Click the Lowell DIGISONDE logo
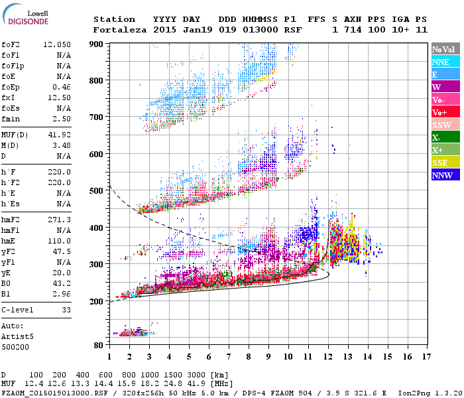[x=26, y=17]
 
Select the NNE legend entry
[x=445, y=62]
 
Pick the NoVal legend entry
[x=445, y=49]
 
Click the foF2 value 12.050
[x=57, y=44]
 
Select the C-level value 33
[x=66, y=310]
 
